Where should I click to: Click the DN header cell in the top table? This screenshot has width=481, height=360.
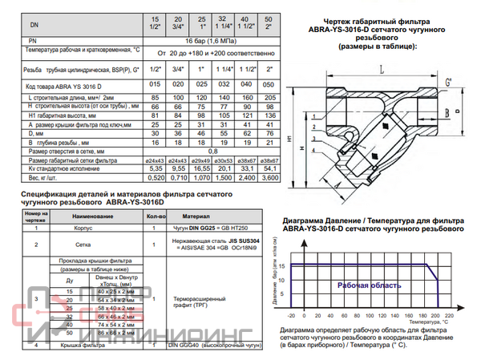tap(31, 25)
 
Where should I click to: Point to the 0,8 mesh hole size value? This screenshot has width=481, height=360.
tap(211, 150)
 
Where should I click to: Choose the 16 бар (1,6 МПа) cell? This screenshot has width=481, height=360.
tap(211, 38)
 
